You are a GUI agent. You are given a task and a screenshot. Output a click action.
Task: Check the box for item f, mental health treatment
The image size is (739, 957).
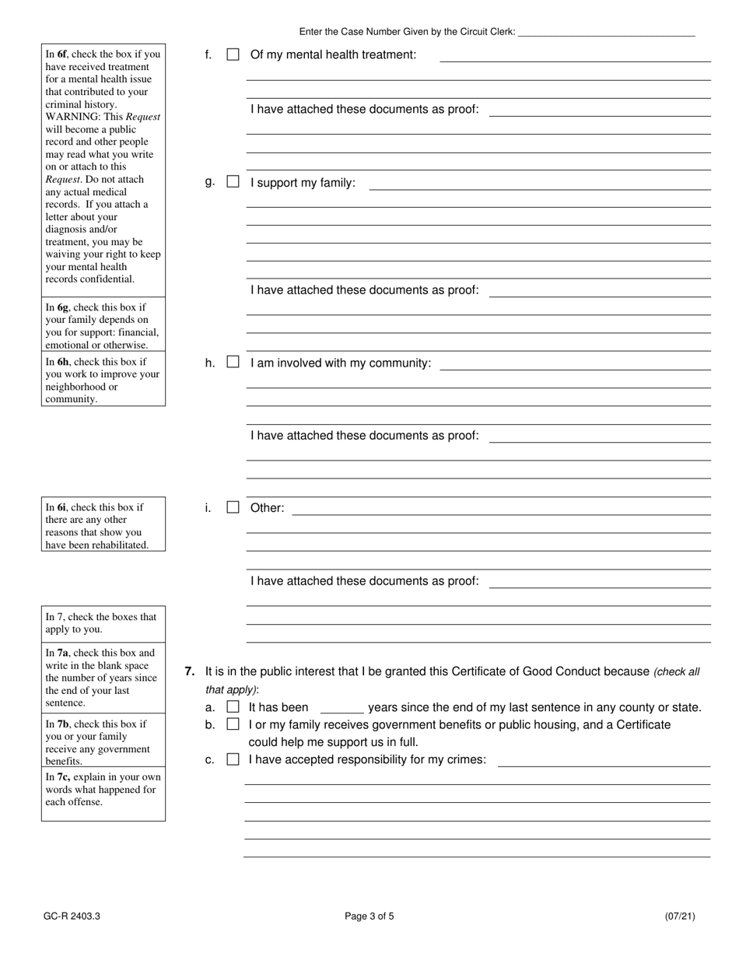click(x=233, y=54)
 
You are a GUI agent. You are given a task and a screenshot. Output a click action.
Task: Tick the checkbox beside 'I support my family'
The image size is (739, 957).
click(x=233, y=182)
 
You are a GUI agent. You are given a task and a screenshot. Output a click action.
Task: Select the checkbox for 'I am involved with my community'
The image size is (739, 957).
click(x=233, y=362)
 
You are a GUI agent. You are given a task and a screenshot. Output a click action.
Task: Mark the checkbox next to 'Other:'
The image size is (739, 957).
click(x=233, y=507)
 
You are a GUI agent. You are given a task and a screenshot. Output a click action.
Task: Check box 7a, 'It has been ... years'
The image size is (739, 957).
click(x=233, y=707)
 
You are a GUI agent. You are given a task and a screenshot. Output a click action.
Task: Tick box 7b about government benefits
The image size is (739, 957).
click(x=233, y=724)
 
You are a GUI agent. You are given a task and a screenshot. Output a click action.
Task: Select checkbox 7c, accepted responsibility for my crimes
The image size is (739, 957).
click(x=233, y=759)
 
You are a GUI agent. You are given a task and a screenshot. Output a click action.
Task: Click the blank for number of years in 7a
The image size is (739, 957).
click(x=341, y=709)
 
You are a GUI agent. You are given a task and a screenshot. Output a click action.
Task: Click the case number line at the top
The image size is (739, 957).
click(x=606, y=33)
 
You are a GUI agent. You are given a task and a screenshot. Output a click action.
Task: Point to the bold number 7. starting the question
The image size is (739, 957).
click(x=190, y=671)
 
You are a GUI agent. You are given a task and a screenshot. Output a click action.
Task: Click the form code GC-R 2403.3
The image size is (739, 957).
click(x=72, y=916)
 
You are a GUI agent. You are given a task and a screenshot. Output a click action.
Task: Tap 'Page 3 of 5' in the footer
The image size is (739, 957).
click(x=369, y=916)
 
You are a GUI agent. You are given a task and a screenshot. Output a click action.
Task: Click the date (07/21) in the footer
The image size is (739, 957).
click(x=680, y=916)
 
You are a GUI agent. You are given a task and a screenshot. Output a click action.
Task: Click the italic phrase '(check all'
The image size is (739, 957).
click(x=676, y=671)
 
